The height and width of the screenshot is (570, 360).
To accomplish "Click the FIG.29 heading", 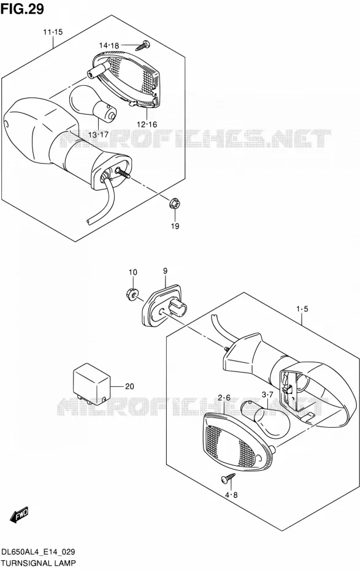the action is (22, 9).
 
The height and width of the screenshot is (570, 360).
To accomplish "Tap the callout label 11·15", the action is (53, 32).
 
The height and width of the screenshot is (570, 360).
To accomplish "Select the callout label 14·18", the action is (109, 45).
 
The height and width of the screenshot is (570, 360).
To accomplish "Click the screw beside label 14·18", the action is (144, 45).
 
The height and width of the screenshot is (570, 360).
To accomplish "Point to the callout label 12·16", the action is (147, 124).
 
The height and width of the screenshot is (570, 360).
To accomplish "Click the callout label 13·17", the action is (99, 134).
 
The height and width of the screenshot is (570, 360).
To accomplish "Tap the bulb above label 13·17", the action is (93, 102).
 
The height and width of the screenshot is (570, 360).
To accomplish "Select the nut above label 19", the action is (175, 203).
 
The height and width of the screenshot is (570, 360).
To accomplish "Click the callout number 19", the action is (175, 226).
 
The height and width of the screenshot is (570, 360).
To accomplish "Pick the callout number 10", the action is (132, 272).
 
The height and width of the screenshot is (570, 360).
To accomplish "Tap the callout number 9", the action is (165, 271).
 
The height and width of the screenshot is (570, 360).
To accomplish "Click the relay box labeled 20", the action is (91, 384).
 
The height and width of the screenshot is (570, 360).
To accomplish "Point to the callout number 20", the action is (129, 386).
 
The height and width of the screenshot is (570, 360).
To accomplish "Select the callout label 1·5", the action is (302, 310).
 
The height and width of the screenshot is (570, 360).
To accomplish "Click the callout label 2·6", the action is (224, 398).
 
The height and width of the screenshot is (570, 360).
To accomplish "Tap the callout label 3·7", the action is (267, 395).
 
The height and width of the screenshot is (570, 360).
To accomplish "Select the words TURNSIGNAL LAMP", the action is (39, 563).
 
